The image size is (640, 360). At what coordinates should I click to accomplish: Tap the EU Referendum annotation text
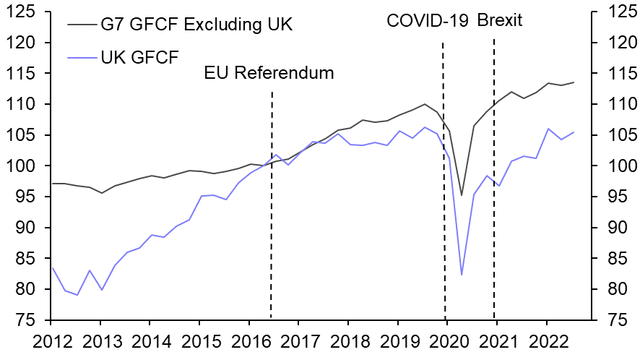click(x=269, y=73)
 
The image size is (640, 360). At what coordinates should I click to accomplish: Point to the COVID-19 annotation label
click(x=428, y=21)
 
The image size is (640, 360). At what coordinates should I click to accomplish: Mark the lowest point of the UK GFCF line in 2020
click(x=462, y=275)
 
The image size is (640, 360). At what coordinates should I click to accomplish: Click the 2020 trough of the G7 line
click(x=462, y=195)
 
